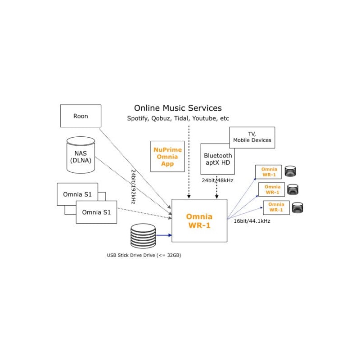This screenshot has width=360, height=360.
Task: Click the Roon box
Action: pos(81,116)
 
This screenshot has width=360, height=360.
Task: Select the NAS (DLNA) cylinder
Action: pos(81,155)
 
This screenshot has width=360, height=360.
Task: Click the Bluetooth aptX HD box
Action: pos(218,159)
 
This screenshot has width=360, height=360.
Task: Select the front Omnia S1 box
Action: pos(96,211)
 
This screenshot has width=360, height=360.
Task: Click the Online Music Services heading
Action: pos(178,108)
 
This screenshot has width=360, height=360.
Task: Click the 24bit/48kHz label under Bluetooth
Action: pos(218,180)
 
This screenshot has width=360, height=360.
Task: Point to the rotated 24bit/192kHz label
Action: pos(133,187)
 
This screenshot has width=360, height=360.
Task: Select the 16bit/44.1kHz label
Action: pos(252,221)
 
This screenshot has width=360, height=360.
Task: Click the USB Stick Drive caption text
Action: pos(144,255)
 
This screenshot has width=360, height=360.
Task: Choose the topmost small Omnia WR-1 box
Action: pos(268,171)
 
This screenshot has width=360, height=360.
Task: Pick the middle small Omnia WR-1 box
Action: pos(272,189)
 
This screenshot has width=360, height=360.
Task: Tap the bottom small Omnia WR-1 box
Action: pos(276,207)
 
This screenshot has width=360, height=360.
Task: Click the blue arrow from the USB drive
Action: pos(164,235)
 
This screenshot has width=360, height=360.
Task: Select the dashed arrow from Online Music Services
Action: pos(189,162)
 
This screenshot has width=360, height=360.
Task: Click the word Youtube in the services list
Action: pos(205,118)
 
